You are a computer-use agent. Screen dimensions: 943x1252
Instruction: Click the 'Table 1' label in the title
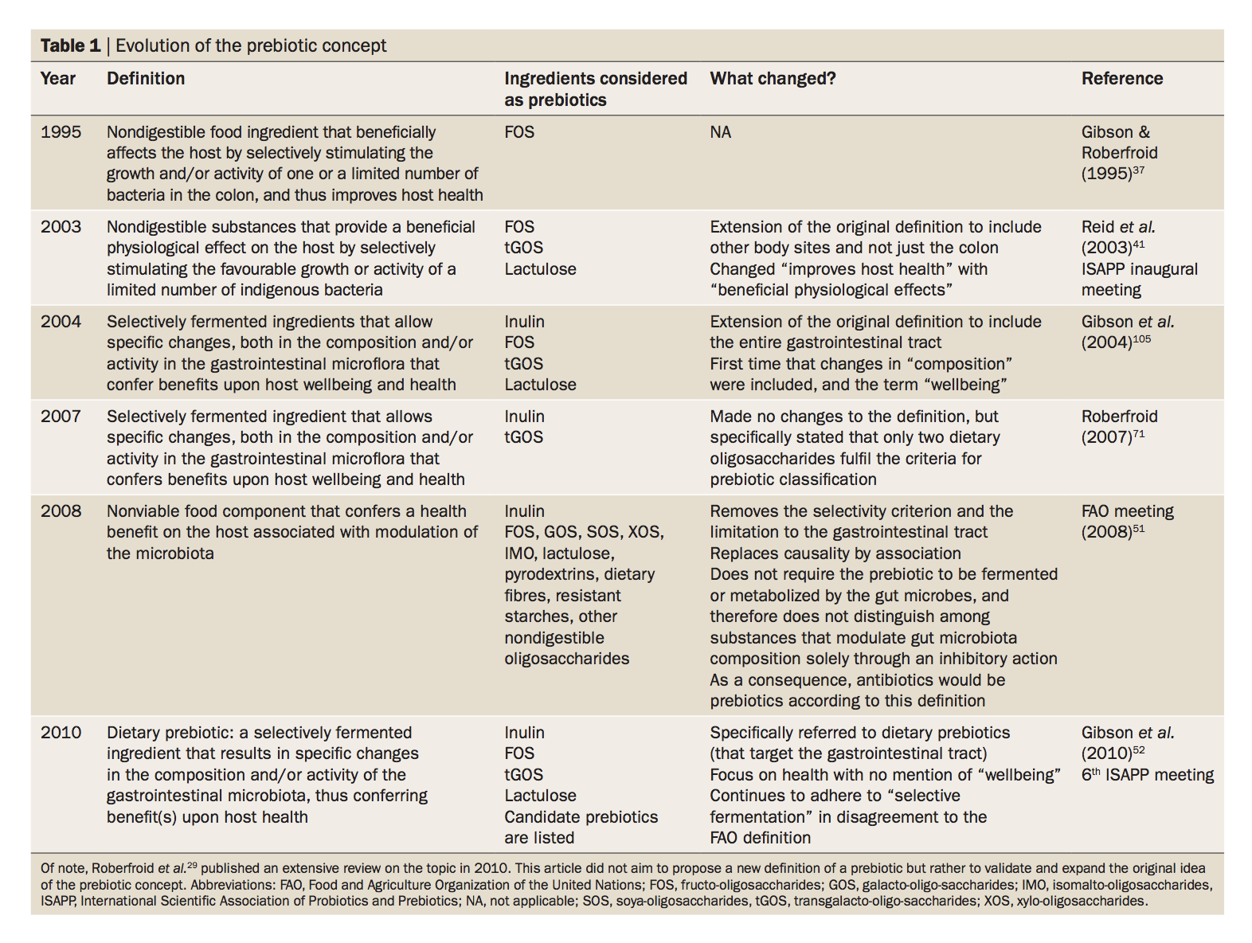pyautogui.click(x=70, y=45)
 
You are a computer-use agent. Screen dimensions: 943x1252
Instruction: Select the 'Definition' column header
pyautogui.click(x=146, y=78)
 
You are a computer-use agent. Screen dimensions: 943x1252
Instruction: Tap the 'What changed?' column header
pyautogui.click(x=773, y=78)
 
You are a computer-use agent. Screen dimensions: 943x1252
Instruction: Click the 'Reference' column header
pyautogui.click(x=1121, y=78)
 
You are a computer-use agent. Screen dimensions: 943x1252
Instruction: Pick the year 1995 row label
pyautogui.click(x=61, y=132)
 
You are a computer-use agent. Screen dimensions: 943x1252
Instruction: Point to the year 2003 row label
pyautogui.click(x=61, y=227)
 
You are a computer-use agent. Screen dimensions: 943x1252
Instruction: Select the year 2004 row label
pyautogui.click(x=61, y=322)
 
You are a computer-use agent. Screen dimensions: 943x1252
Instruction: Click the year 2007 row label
pyautogui.click(x=61, y=417)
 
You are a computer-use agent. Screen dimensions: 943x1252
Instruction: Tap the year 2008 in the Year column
pyautogui.click(x=61, y=511)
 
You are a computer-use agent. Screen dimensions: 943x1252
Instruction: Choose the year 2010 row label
pyautogui.click(x=61, y=733)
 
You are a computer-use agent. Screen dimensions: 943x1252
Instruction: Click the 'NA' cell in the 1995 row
pyautogui.click(x=720, y=132)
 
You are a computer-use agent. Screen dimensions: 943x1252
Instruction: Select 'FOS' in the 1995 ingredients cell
pyautogui.click(x=519, y=132)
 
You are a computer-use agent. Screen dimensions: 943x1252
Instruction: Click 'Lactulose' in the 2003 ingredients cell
pyautogui.click(x=540, y=269)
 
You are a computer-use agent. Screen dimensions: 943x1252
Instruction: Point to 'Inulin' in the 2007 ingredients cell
pyautogui.click(x=524, y=417)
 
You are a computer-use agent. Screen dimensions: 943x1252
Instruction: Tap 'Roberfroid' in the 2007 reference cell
pyautogui.click(x=1119, y=417)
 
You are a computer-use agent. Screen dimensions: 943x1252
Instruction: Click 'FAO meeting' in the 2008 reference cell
pyautogui.click(x=1127, y=511)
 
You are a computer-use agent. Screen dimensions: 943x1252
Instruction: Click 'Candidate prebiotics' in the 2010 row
pyautogui.click(x=581, y=817)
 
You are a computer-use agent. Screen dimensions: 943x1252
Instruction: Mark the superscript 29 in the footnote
pyautogui.click(x=192, y=865)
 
